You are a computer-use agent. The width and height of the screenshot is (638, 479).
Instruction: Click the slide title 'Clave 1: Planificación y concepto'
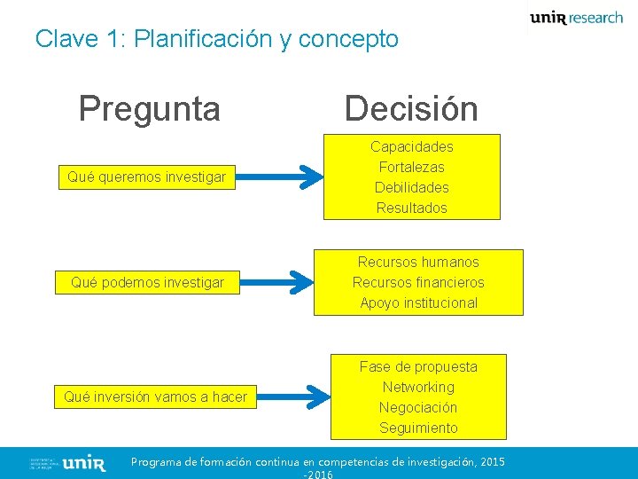[217, 39]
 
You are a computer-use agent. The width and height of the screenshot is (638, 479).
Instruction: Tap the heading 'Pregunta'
[149, 108]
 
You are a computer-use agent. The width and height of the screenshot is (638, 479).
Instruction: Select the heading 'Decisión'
[411, 108]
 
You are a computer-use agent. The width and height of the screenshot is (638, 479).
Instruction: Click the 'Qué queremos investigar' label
[147, 177]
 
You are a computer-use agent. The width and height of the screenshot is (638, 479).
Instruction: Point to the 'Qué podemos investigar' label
[147, 283]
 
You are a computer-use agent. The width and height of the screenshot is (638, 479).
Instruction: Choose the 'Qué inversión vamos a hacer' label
[156, 397]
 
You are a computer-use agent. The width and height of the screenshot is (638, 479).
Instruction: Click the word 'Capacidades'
[412, 146]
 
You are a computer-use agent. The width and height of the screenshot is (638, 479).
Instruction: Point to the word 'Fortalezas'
[412, 167]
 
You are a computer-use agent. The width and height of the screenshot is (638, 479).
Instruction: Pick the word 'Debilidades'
[412, 187]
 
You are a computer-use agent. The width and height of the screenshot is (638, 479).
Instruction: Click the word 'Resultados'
[412, 208]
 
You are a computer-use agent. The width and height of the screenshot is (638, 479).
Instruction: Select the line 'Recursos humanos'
[418, 263]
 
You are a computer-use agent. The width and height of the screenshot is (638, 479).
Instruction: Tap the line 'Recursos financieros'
[418, 283]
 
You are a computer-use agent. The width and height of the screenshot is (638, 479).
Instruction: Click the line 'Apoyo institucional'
[418, 302]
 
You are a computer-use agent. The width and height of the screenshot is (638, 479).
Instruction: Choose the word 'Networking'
[418, 387]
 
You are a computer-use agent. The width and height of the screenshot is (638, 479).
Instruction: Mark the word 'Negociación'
[418, 407]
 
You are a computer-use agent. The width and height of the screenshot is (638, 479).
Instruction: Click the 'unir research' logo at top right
[576, 18]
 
